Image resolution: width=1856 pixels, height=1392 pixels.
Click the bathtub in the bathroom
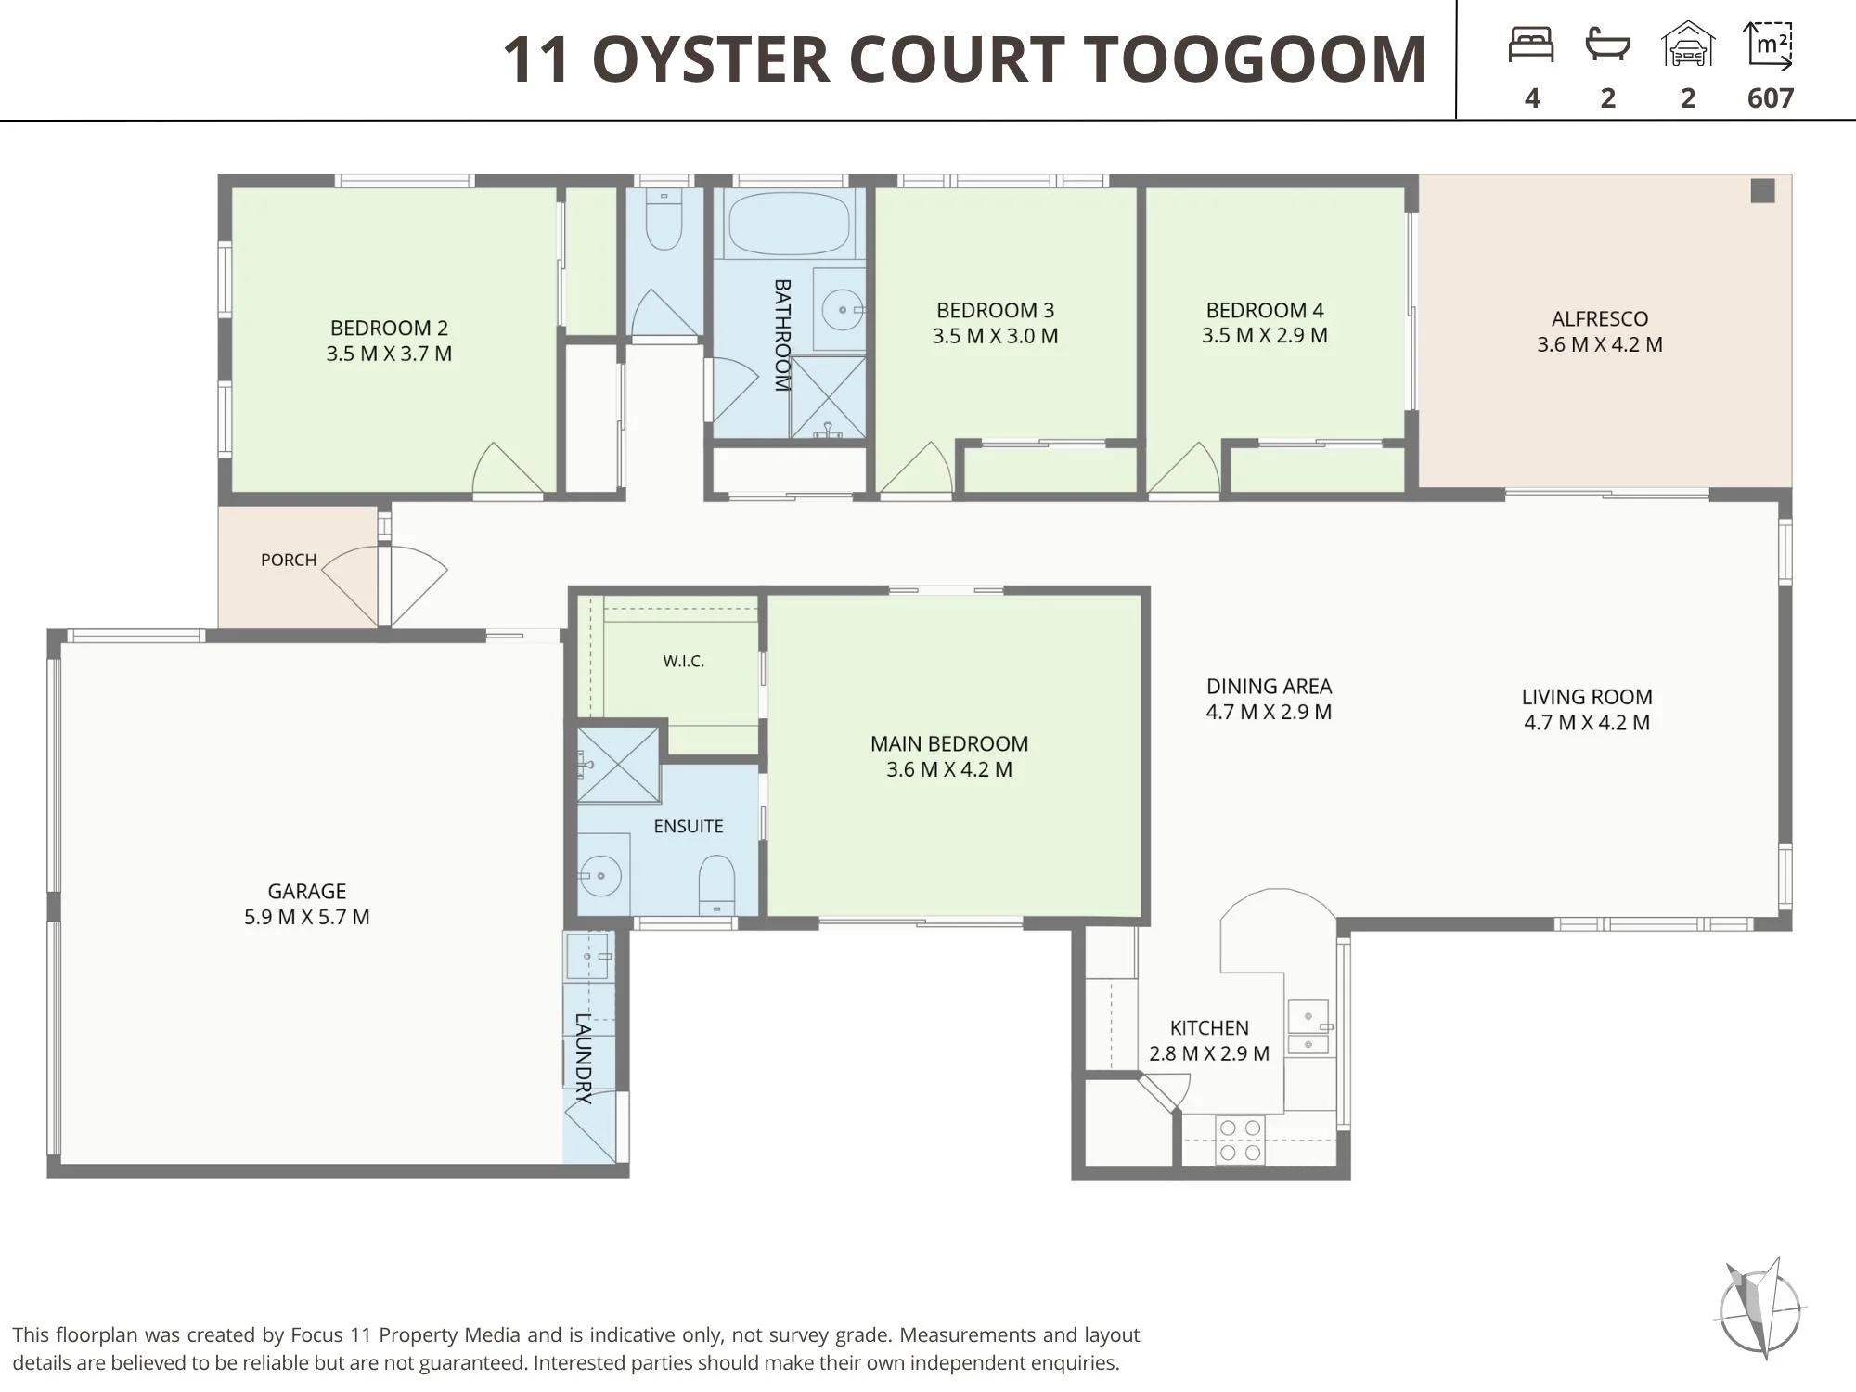pos(789,223)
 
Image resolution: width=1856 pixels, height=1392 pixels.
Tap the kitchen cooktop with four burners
pos(1240,1141)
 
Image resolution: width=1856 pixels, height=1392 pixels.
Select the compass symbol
pos(1759,1308)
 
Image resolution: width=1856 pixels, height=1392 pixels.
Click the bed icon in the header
pos(1531,45)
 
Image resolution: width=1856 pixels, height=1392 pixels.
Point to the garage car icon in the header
pos(1688,45)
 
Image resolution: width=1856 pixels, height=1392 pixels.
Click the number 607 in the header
pos(1771,98)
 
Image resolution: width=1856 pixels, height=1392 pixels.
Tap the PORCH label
pos(289,560)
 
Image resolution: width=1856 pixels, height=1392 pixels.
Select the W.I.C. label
pos(684,661)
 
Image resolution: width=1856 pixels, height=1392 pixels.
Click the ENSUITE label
pos(689,826)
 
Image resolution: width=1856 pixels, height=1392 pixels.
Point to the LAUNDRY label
pos(583,1058)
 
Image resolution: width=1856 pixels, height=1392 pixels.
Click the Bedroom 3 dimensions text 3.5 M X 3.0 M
pos(995,336)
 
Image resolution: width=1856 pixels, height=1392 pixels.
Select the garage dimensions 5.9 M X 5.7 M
pos(306,917)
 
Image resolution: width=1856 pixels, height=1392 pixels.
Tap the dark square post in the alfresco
pos(1762,190)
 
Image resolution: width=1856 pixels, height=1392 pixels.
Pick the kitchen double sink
pos(1308,1026)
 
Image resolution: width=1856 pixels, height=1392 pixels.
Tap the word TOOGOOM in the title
pos(1257,59)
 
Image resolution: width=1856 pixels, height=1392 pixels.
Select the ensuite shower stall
pos(618,765)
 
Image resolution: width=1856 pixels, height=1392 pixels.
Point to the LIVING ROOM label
pos(1587,697)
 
